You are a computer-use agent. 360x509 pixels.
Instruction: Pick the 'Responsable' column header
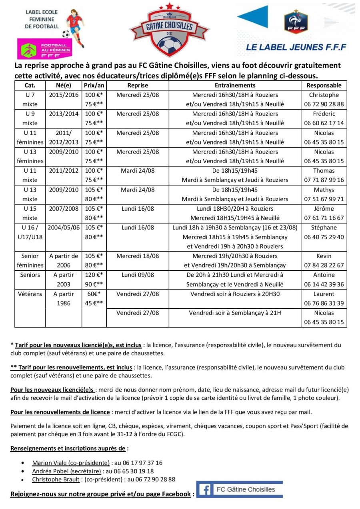pos(324,85)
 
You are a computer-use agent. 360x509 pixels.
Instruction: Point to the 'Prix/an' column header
pos(94,85)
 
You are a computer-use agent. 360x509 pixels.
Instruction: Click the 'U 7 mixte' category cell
pos(30,100)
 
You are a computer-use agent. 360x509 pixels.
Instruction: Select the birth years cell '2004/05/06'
pos(64,228)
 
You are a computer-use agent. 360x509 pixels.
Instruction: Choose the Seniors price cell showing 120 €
pos(94,275)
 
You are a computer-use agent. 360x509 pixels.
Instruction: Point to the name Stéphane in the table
pos(324,228)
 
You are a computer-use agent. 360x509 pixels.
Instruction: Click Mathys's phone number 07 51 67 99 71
pos(324,199)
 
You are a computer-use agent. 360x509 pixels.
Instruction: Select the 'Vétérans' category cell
pos(30,294)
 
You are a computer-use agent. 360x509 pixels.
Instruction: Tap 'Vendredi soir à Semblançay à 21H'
pos(235,313)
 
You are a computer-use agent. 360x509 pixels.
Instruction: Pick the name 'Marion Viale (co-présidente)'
pos(71,463)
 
